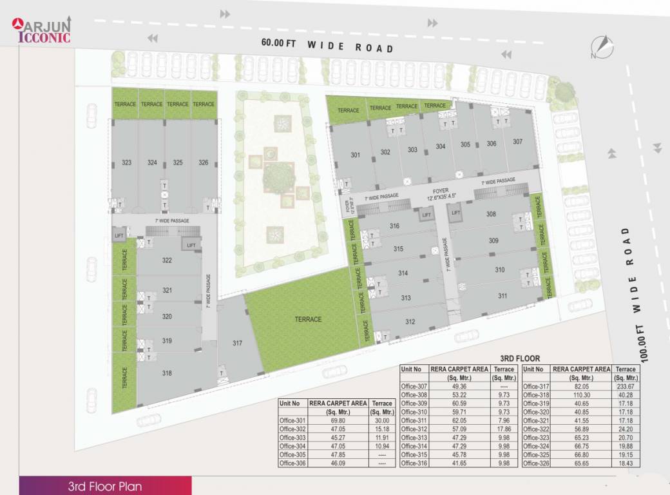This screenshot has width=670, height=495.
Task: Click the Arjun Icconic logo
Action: [43, 29]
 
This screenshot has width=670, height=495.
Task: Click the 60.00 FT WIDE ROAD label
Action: [327, 45]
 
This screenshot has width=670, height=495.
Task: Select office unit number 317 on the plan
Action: [237, 343]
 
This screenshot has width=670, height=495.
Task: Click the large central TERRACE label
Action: [308, 319]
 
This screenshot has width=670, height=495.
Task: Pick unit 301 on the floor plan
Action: [355, 155]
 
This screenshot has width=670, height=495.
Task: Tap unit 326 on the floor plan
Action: [204, 162]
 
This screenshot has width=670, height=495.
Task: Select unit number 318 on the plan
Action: [167, 373]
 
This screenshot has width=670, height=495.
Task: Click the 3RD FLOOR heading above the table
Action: [520, 358]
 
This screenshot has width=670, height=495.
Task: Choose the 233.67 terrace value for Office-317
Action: [626, 387]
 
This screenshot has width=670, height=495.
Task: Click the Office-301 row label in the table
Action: [292, 420]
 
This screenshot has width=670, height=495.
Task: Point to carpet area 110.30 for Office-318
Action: [582, 395]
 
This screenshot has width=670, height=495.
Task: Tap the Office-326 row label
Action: [536, 463]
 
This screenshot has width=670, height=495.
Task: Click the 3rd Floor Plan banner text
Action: [105, 486]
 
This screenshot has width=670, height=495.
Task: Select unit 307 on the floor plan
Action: [517, 141]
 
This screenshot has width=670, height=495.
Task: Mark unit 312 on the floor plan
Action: [410, 322]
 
